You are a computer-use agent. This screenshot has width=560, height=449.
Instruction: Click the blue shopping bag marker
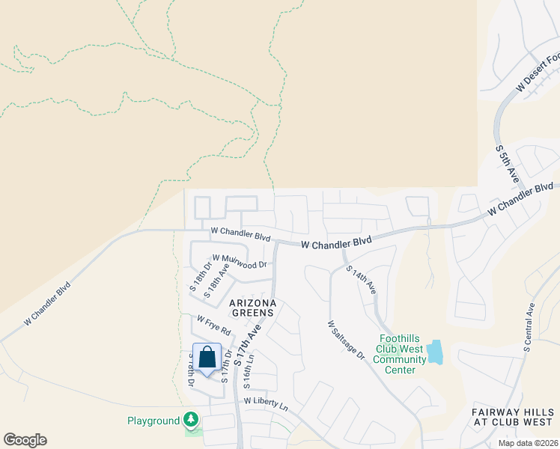click(x=207, y=358)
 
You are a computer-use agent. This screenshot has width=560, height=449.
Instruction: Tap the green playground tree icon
click(x=192, y=419)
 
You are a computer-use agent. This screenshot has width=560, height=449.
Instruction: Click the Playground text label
click(x=153, y=421)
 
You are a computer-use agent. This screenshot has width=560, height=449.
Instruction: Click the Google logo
click(x=25, y=440)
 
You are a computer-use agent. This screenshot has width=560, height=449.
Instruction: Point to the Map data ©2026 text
click(x=527, y=443)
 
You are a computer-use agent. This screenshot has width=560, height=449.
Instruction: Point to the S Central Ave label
click(x=529, y=327)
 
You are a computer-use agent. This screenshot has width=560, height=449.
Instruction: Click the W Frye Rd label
click(x=214, y=324)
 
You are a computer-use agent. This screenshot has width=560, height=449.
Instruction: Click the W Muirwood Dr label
click(x=240, y=260)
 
